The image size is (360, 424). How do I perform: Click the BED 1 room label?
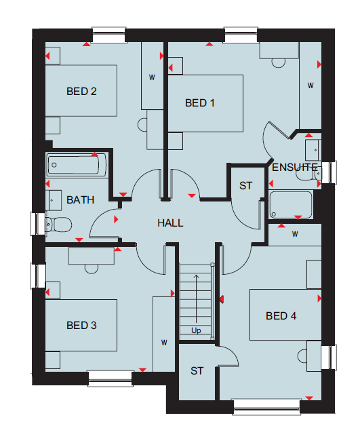coord(200,103)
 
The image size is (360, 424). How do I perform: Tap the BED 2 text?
coord(81,92)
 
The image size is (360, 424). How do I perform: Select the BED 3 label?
coord(81,326)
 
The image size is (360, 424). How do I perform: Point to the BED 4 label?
coord(281,316)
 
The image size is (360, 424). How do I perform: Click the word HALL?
coord(170,223)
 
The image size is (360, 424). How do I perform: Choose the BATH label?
coord(80,200)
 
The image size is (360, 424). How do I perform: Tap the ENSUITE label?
coord(295,168)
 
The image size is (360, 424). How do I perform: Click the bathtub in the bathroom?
coord(77,165)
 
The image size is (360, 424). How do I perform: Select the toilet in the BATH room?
coord(58,225)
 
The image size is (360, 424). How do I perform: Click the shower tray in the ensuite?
coord(291,204)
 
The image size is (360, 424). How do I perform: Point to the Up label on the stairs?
coord(196,330)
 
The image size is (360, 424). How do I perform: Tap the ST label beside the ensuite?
coord(245,186)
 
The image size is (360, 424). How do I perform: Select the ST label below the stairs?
coord(197,371)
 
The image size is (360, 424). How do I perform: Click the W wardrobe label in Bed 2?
coord(152,77)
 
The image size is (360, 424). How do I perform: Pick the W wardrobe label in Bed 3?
coord(164,343)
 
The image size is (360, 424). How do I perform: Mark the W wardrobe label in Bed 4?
coord(295,234)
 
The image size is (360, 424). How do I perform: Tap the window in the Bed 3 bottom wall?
coord(111,379)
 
